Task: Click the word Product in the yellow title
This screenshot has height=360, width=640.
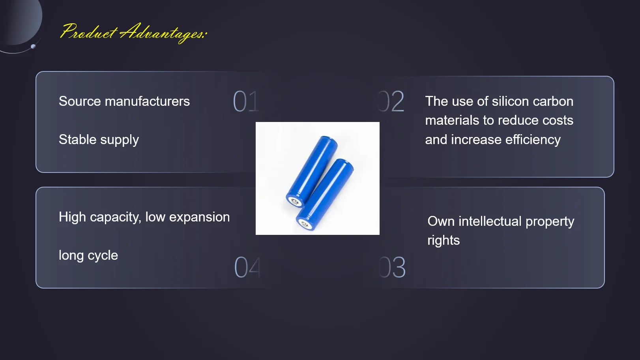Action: pyautogui.click(x=88, y=32)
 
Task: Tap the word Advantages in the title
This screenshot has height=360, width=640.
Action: pyautogui.click(x=162, y=33)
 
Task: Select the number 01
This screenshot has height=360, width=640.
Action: pyautogui.click(x=246, y=101)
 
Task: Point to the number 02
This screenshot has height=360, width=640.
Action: pyautogui.click(x=391, y=101)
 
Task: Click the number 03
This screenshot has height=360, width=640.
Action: pyautogui.click(x=392, y=267)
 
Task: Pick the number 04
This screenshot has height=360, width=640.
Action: pyautogui.click(x=247, y=267)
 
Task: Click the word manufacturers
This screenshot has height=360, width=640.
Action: pyautogui.click(x=147, y=101)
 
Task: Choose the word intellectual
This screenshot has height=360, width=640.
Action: pyautogui.click(x=490, y=221)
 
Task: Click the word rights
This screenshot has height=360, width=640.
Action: pyautogui.click(x=444, y=240)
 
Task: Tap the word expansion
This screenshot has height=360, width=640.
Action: pyautogui.click(x=199, y=217)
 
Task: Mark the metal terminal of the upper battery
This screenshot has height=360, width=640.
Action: pyautogui.click(x=295, y=202)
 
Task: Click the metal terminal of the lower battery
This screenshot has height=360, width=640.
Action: pyautogui.click(x=305, y=225)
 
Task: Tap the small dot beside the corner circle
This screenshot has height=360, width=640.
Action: pyautogui.click(x=33, y=46)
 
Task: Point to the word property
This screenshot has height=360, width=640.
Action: pyautogui.click(x=550, y=222)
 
